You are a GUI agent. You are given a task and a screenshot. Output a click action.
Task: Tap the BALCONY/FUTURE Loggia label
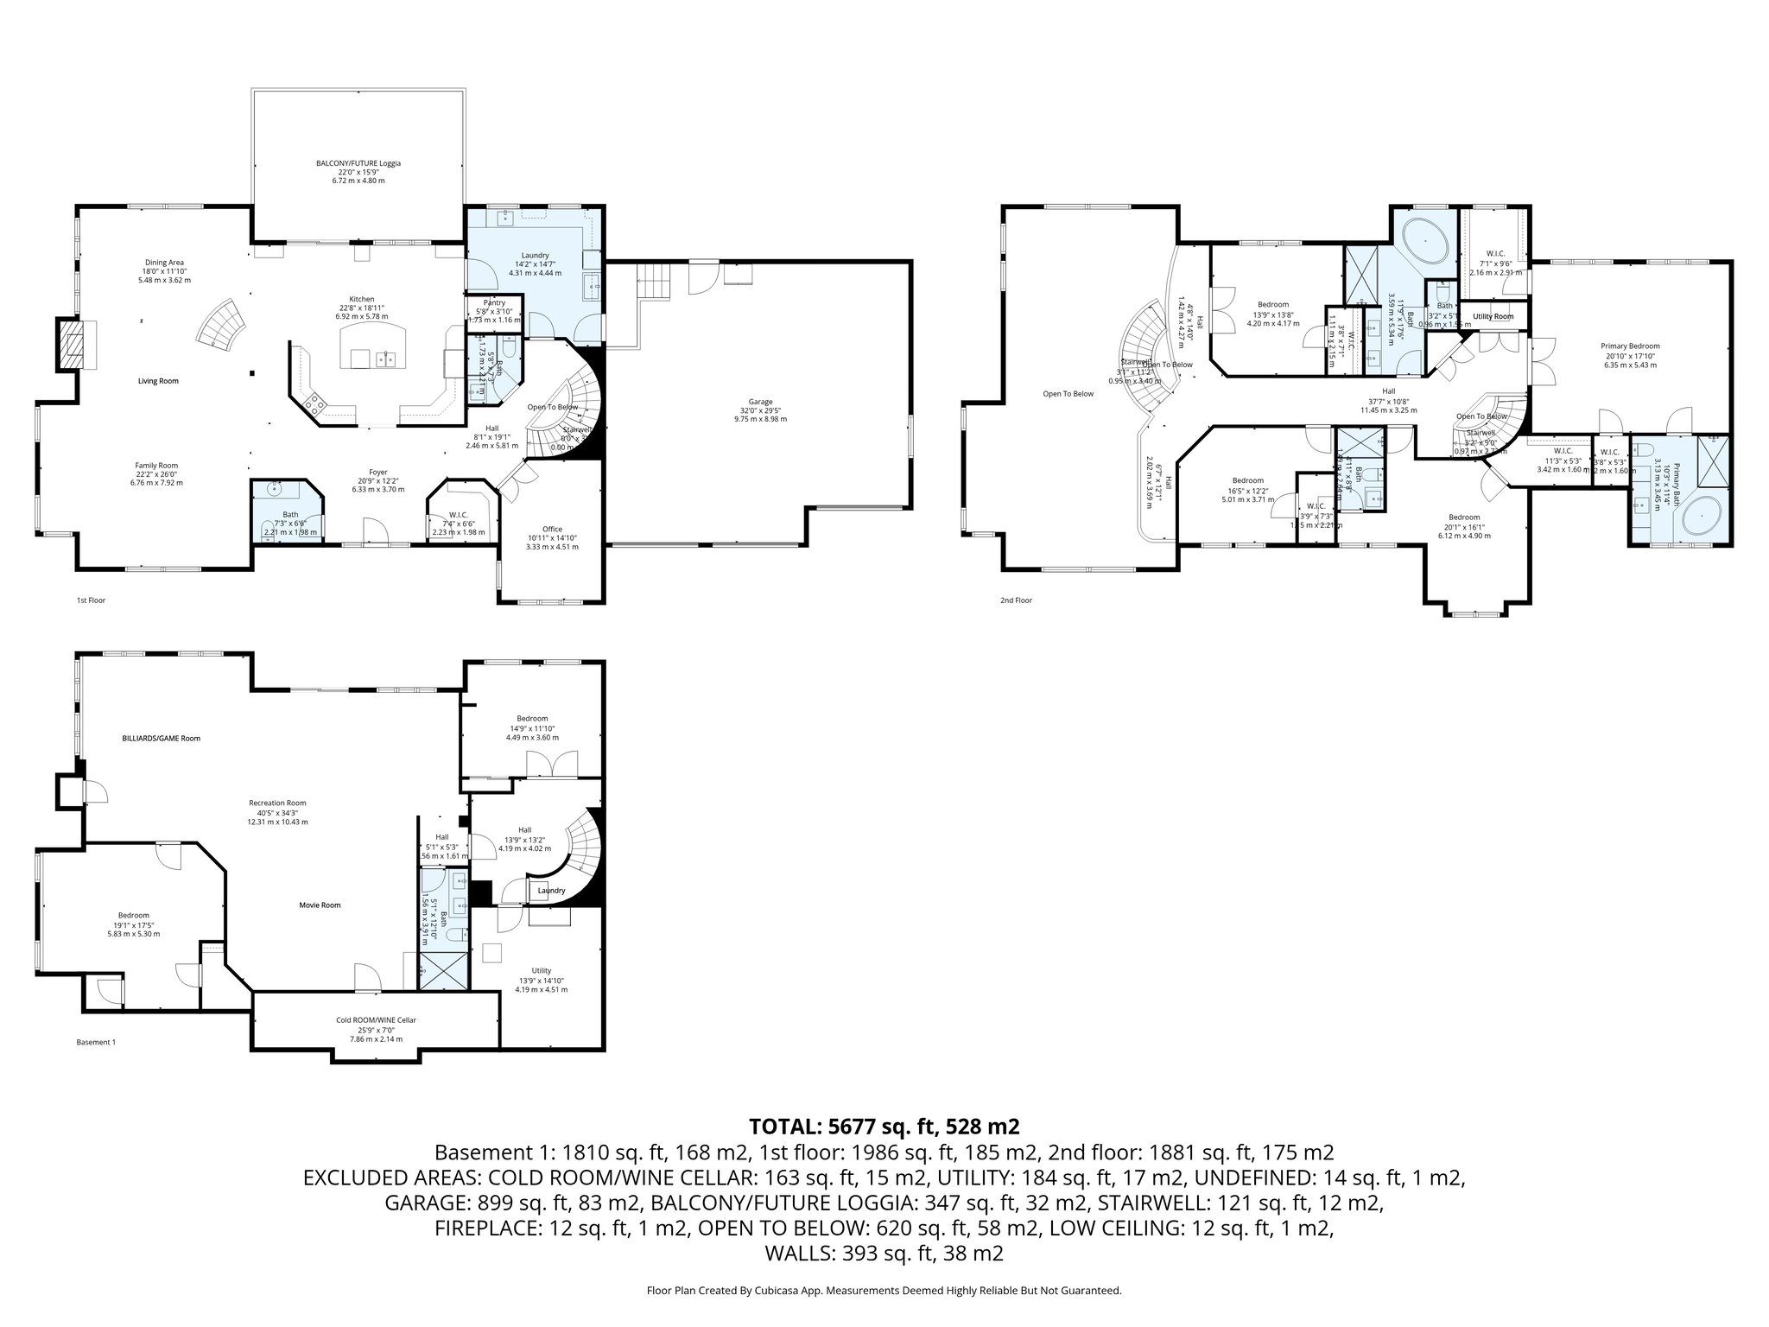coord(358,162)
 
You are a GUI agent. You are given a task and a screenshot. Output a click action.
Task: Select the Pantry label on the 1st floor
coord(495,302)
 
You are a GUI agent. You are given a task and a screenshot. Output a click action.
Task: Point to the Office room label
coord(552,529)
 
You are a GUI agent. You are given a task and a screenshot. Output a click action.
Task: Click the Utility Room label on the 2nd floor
coord(1493,316)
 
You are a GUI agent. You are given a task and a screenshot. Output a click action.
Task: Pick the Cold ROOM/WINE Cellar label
coord(376,1020)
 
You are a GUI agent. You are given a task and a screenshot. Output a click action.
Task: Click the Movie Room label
coord(320,905)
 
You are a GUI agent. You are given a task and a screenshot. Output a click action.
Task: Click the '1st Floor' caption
coord(91,600)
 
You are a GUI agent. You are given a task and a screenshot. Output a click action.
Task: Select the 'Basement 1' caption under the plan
coord(96,1042)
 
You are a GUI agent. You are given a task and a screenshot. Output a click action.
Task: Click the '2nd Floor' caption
coord(1017,600)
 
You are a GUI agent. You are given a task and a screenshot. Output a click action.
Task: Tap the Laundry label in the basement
coord(551,891)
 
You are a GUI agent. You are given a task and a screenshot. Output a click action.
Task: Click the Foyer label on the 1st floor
coord(377,473)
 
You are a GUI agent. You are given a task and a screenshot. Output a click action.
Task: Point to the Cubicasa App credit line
coord(884,1291)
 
